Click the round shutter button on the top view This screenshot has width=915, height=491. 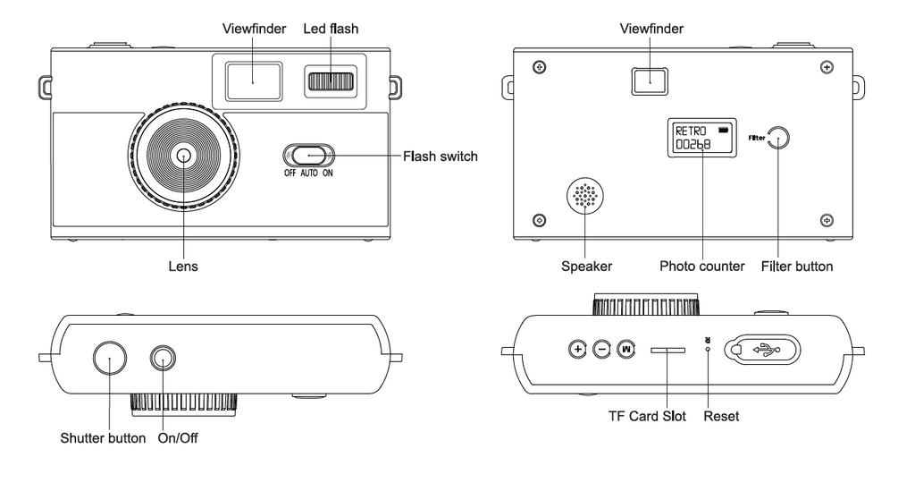pos(109,359)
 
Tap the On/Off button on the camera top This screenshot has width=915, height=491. pos(163,359)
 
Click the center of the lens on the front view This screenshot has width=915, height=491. pos(184,156)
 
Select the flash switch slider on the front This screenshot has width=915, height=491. pos(307,156)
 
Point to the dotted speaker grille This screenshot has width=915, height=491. pos(584,196)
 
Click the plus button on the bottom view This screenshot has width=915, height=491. pos(577,349)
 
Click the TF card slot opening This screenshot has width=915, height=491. pos(667,350)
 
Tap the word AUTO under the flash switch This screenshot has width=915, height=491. pos(307,175)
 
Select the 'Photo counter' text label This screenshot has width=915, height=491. pos(701,267)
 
